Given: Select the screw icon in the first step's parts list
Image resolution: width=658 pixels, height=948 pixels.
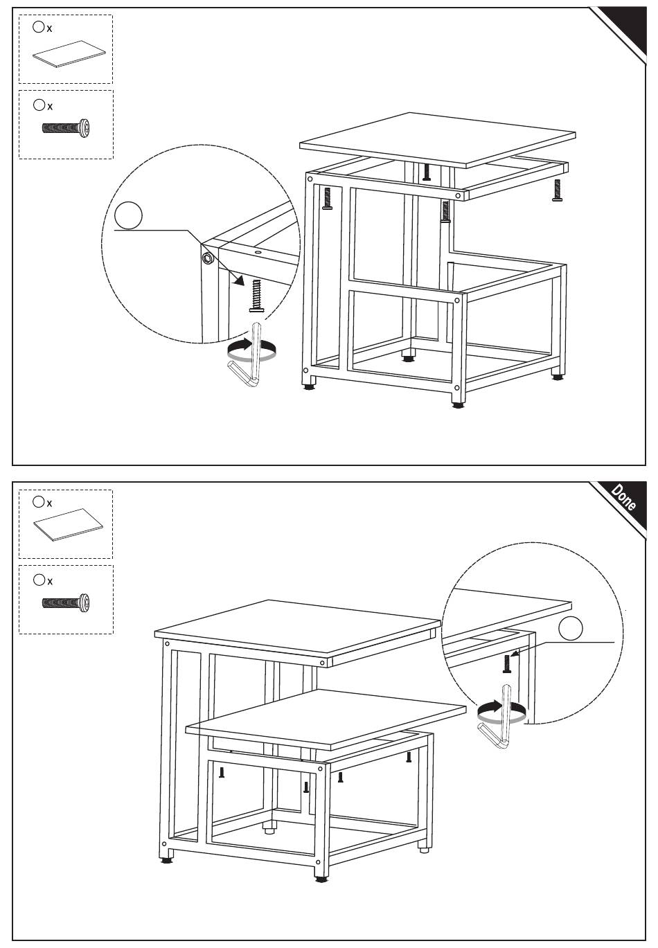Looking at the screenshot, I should coord(66,128).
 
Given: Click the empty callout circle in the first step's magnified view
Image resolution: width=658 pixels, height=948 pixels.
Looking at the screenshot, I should coord(128,215).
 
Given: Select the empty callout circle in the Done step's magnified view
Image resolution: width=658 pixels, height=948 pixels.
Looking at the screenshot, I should coord(571,628).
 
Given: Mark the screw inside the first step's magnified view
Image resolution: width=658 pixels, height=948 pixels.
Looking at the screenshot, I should coord(258,294).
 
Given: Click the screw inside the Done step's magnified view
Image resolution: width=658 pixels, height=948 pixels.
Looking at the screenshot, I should coord(507,663).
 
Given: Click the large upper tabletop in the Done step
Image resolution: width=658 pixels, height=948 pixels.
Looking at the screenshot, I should coord(298,627).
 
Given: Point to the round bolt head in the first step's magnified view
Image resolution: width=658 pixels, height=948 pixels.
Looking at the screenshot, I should coord(207,258).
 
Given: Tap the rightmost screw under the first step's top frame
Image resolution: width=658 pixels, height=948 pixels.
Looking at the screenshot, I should coord(558,190).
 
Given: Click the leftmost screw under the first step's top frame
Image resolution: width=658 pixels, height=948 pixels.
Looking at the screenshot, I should coord(328,199).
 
